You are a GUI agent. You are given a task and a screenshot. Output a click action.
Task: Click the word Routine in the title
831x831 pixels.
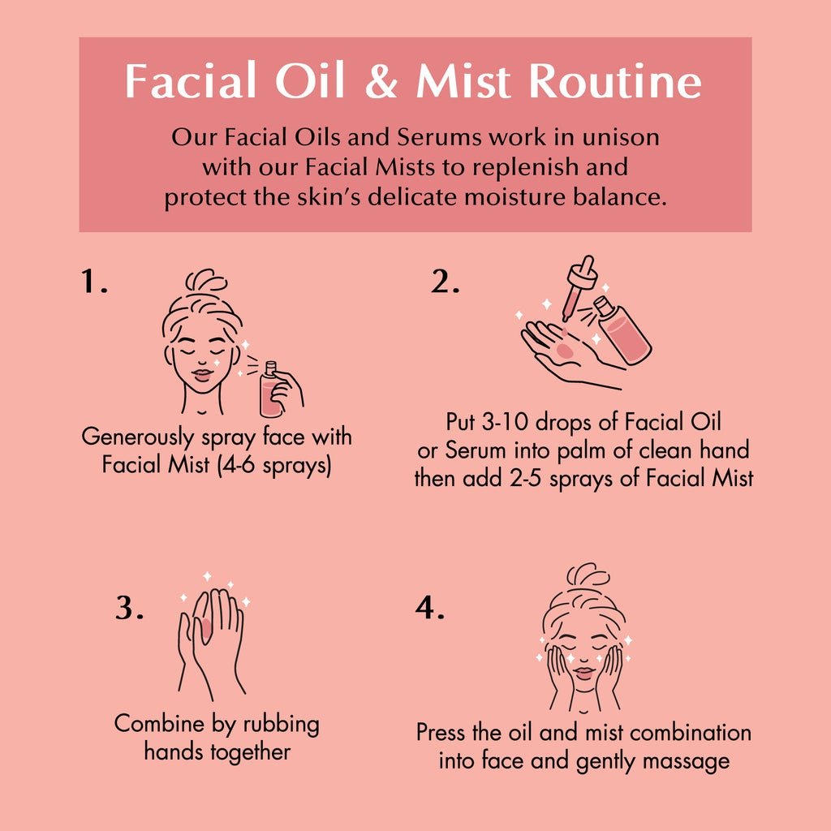click(x=615, y=80)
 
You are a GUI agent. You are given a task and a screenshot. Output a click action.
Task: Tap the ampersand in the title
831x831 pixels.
click(x=381, y=80)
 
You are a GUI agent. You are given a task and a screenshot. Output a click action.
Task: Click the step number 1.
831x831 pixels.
click(x=94, y=281)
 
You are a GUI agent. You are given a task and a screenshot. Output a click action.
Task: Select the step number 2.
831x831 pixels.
click(x=445, y=282)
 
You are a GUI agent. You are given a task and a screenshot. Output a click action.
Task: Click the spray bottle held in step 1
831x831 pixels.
click(x=269, y=389)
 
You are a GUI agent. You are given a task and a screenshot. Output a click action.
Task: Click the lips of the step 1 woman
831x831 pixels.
click(x=202, y=375)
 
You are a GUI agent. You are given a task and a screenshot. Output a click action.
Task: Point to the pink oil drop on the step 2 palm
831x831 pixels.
click(x=565, y=350)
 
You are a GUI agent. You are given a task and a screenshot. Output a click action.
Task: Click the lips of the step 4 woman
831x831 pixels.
click(x=583, y=673)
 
